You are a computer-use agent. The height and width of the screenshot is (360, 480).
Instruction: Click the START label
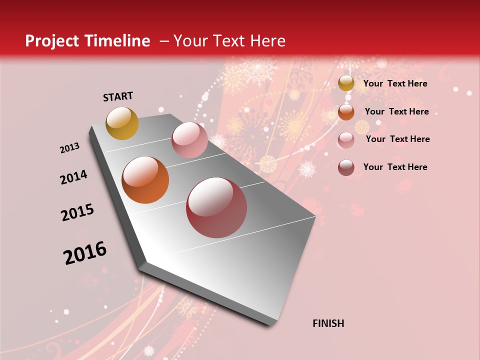tap(118, 96)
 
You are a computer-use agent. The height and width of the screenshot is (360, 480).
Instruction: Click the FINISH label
tap(328, 323)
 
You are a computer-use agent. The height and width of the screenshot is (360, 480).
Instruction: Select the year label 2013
tap(70, 148)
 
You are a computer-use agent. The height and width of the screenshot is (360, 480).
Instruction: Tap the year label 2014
tap(73, 177)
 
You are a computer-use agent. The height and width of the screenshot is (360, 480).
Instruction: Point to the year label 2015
tap(77, 212)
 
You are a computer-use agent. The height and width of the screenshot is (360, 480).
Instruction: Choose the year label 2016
tap(85, 253)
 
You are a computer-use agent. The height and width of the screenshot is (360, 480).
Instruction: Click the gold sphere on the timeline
tap(122, 123)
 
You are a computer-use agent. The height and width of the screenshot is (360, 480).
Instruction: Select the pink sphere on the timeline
tap(189, 140)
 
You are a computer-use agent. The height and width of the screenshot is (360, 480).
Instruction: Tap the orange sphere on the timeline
tap(145, 180)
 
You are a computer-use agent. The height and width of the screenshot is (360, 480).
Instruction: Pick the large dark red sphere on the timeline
tap(216, 208)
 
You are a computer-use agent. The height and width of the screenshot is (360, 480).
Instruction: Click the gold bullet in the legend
tap(346, 83)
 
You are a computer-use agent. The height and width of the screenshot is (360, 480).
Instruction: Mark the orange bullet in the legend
tap(346, 111)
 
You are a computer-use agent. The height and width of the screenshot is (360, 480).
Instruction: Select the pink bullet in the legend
tap(346, 140)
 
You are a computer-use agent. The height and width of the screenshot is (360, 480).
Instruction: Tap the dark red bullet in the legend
tap(346, 167)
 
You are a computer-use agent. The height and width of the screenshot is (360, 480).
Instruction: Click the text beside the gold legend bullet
tap(395, 83)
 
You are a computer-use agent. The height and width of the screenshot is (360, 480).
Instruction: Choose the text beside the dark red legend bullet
tap(395, 167)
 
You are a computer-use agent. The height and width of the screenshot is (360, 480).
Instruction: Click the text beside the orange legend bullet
tap(396, 111)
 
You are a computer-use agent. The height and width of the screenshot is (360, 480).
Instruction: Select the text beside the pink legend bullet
tap(397, 139)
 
